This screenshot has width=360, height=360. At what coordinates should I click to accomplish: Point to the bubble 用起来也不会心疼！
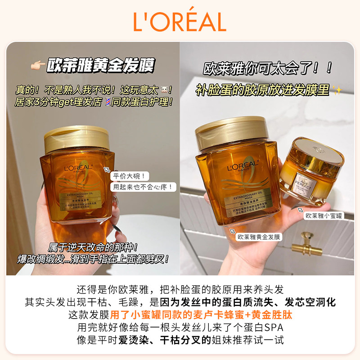[144, 186]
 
